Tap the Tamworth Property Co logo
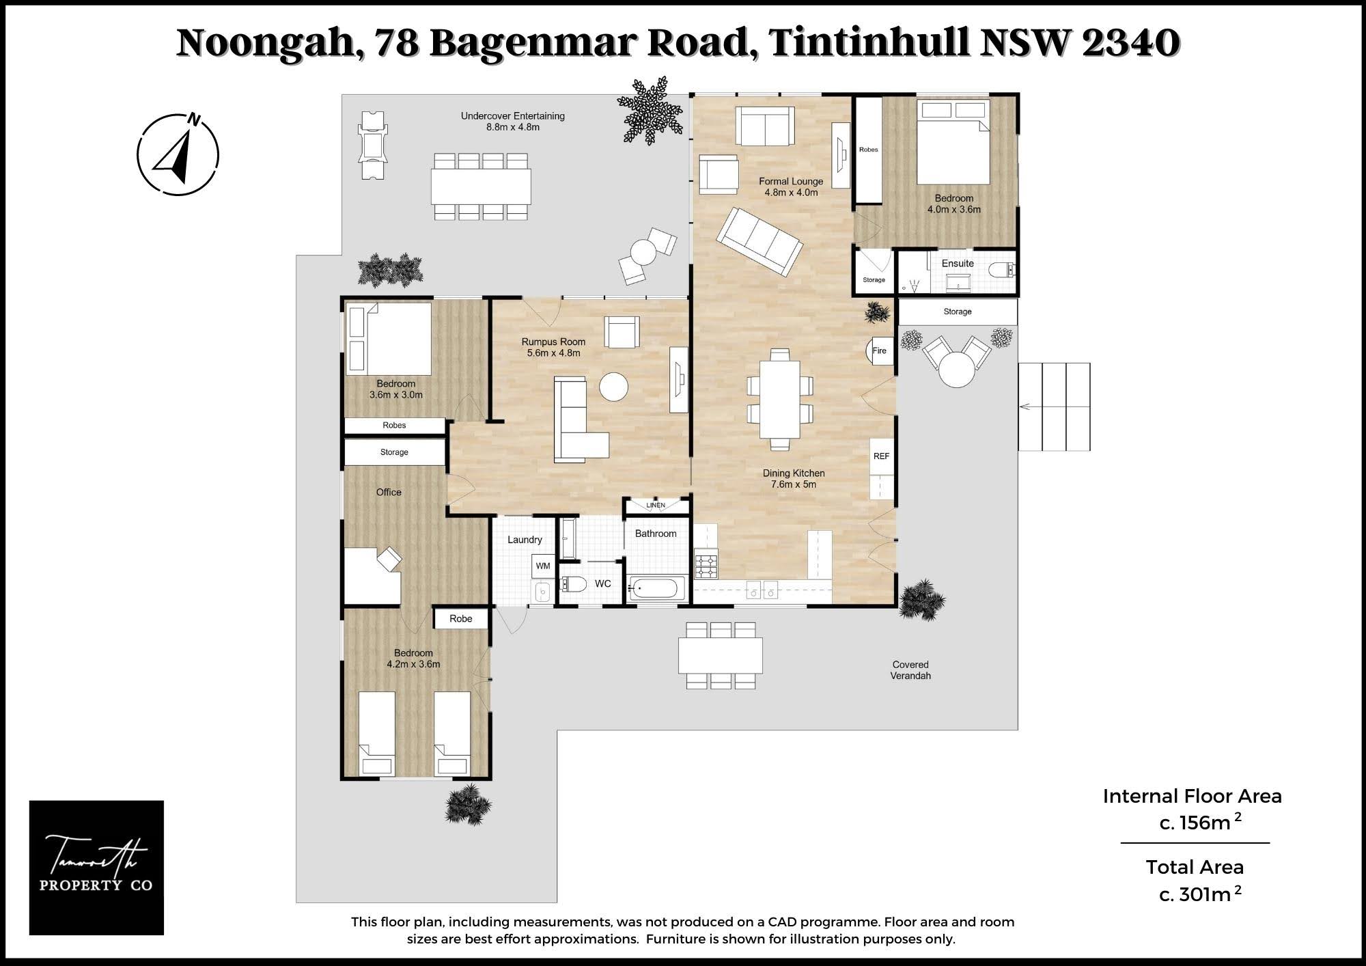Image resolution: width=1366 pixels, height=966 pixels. (96, 868)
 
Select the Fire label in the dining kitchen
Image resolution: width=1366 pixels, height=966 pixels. (880, 351)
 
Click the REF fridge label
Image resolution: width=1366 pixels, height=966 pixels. (882, 456)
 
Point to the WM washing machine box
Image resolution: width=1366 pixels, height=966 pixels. (543, 566)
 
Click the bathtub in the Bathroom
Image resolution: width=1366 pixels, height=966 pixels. (656, 588)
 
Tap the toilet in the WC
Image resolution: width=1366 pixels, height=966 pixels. (573, 584)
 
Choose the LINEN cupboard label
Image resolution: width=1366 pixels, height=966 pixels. (656, 506)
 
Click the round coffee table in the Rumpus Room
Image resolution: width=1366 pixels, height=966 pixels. (613, 387)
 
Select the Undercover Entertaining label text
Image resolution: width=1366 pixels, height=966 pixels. (513, 116)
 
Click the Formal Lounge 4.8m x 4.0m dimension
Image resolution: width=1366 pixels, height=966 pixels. (791, 193)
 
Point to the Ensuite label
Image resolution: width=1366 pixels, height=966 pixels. (958, 263)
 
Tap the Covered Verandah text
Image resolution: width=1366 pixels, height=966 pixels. (910, 670)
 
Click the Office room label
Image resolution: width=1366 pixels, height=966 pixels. (389, 492)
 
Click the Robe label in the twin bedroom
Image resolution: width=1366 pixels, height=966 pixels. (461, 619)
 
